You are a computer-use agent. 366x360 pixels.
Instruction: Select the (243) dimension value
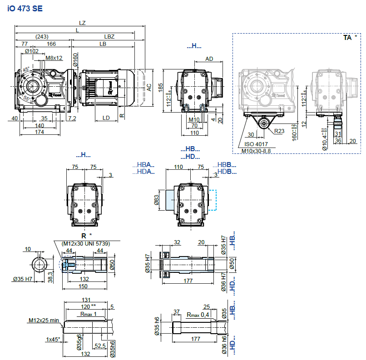point(42,36)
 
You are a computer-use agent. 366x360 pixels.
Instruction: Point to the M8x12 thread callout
point(54,58)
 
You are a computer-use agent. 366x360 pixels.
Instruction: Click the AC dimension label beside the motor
point(149,88)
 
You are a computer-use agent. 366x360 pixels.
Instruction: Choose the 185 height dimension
point(160,88)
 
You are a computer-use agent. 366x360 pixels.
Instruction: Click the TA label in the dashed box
point(347,38)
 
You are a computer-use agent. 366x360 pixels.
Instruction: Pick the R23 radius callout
point(280,131)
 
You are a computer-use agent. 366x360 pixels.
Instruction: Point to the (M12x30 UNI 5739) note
point(85,243)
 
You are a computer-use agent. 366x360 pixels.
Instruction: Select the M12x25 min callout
point(44,320)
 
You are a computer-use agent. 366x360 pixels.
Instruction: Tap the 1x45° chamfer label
point(54,339)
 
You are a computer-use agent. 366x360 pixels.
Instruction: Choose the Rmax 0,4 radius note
point(198,315)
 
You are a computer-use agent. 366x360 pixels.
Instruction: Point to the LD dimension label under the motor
point(106,118)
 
